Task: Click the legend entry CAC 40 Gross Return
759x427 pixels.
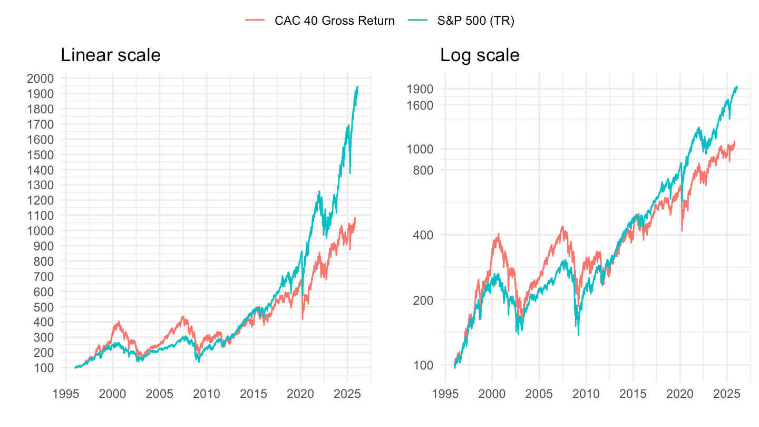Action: [x=334, y=21]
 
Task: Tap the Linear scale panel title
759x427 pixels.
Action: [x=111, y=55]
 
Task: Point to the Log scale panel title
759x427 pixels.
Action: [x=480, y=55]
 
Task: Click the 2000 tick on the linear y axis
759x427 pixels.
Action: [x=40, y=79]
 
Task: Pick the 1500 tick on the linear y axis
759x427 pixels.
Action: [x=40, y=155]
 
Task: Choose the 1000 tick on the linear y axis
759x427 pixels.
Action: [x=40, y=231]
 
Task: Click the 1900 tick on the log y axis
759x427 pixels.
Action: [x=420, y=89]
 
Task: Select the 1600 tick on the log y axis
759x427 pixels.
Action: [x=420, y=105]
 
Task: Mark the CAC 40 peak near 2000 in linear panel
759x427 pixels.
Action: [x=119, y=321]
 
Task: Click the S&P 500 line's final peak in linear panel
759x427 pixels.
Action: [x=358, y=86]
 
